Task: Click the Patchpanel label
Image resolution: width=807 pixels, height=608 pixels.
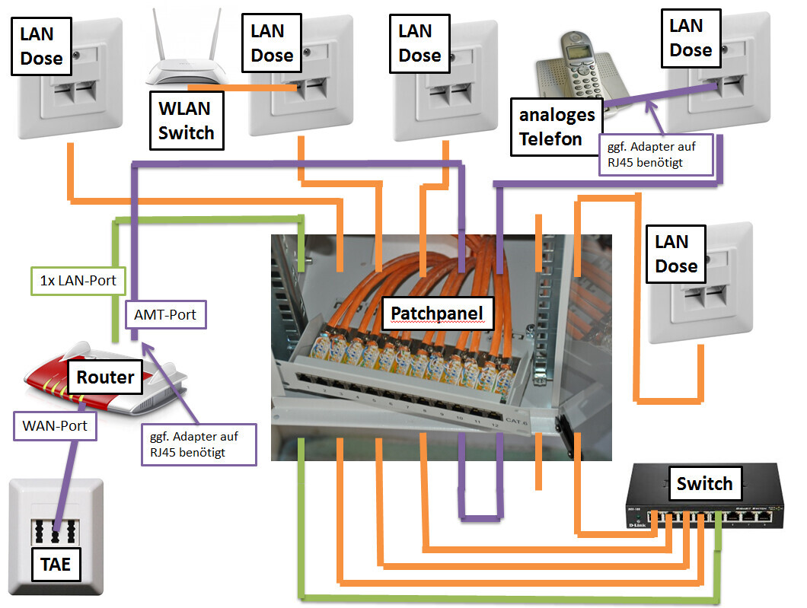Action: pyautogui.click(x=437, y=312)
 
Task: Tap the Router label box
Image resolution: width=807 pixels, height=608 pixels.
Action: pyautogui.click(x=105, y=377)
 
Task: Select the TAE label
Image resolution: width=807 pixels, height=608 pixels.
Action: pyautogui.click(x=56, y=564)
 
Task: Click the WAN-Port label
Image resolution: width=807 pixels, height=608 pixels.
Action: pyautogui.click(x=55, y=426)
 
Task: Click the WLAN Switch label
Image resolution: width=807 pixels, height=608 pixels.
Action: pyautogui.click(x=187, y=121)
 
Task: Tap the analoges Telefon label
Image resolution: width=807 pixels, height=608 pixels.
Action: pyautogui.click(x=556, y=127)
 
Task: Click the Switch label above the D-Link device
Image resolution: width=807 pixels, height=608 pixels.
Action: pyautogui.click(x=704, y=483)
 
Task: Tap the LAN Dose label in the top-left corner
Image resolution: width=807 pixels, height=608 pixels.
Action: pyautogui.click(x=41, y=46)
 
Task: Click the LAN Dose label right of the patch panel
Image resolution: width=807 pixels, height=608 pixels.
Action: pyautogui.click(x=676, y=253)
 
